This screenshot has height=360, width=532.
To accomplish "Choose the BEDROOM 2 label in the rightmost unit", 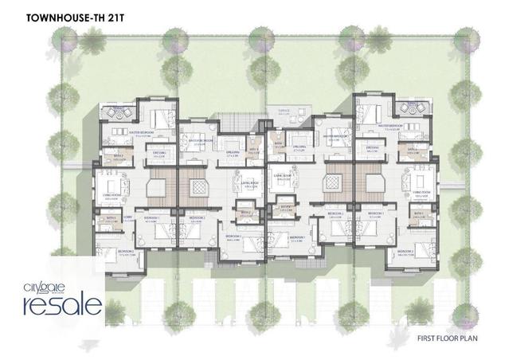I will pyautogui.click(x=406, y=252).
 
